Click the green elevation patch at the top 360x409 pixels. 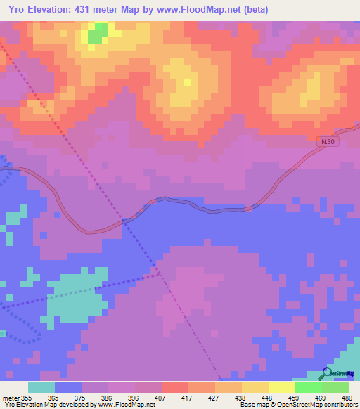pos(98,32)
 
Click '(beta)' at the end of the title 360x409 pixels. pos(255,9)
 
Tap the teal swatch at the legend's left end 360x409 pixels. pos(41,387)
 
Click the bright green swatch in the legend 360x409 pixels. pos(308,387)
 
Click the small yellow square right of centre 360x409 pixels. pos(186,82)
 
